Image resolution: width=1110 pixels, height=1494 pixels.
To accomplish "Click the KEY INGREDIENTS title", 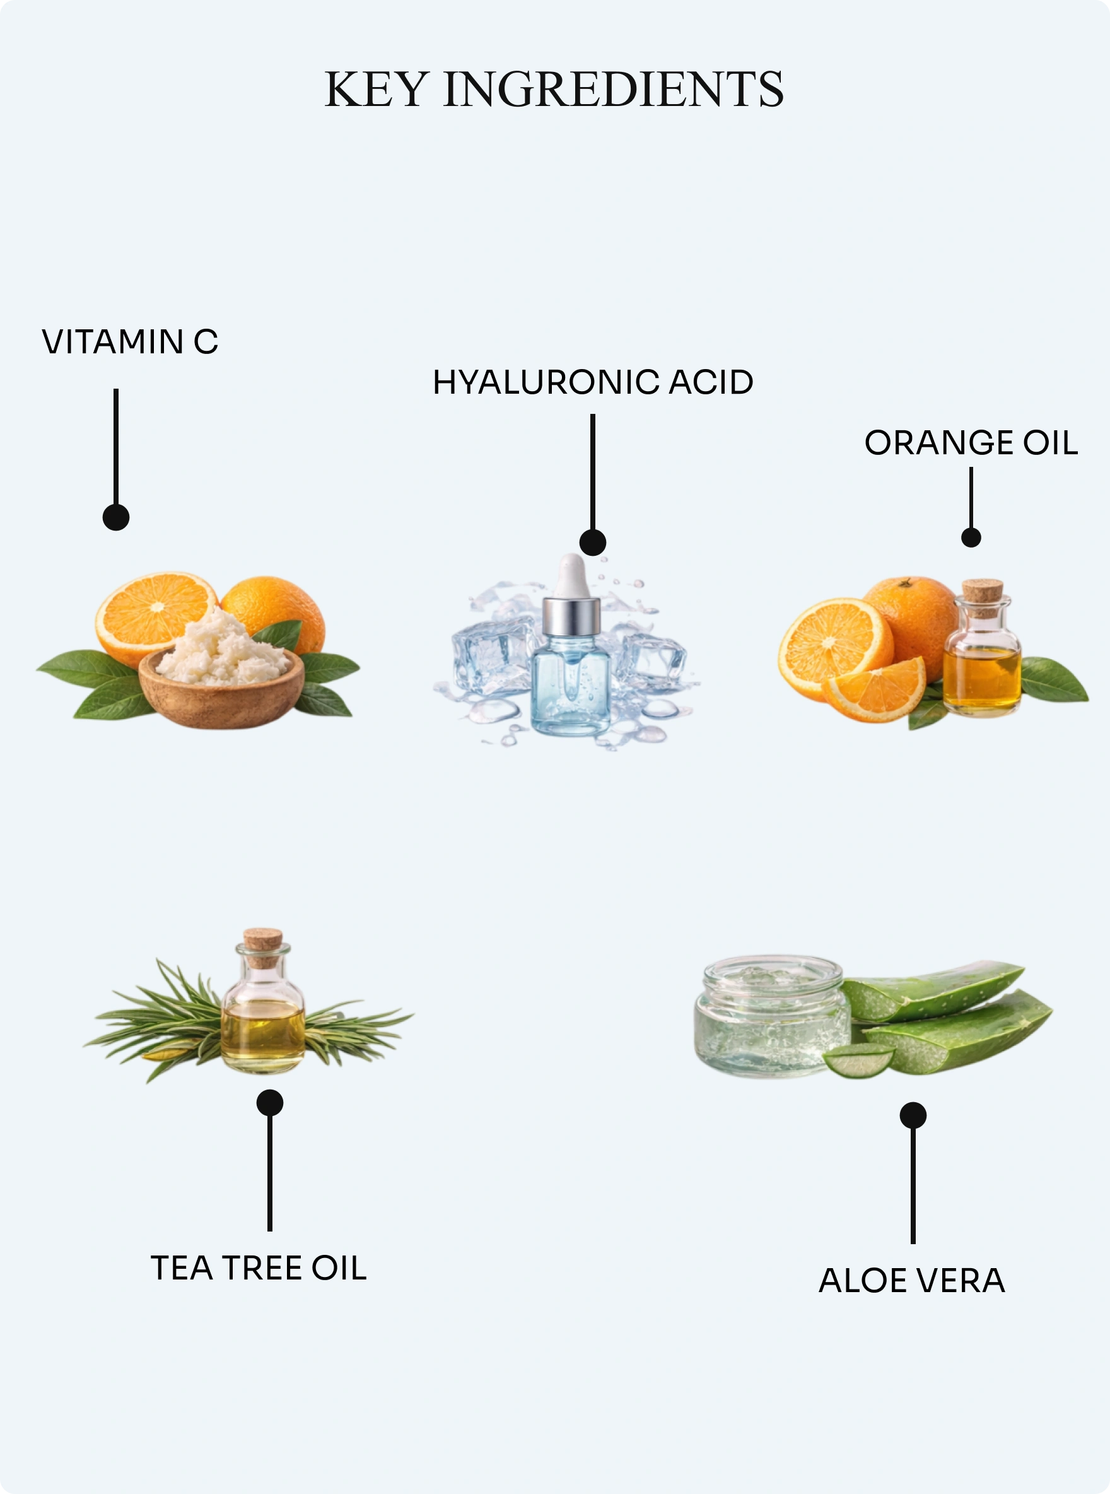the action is [554, 89].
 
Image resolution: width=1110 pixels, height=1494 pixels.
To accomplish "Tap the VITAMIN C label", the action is [130, 342].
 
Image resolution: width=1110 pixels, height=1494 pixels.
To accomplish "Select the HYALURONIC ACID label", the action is [593, 382].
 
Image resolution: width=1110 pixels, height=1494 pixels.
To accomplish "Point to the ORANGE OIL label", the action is [971, 443].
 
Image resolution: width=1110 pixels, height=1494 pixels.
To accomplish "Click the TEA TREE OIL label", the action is [259, 1268].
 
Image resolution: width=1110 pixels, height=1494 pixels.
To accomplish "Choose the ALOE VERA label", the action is [912, 1280].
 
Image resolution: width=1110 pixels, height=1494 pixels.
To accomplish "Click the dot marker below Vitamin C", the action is [115, 517].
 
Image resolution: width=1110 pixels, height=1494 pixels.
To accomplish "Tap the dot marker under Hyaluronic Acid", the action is [593, 542].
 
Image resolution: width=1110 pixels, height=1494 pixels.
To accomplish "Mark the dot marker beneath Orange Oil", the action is [971, 537].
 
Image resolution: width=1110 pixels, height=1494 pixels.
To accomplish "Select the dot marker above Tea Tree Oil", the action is [269, 1103].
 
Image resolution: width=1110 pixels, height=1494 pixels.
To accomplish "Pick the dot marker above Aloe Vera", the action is [913, 1115].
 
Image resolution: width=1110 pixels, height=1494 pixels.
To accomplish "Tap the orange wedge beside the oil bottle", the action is [875, 690].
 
